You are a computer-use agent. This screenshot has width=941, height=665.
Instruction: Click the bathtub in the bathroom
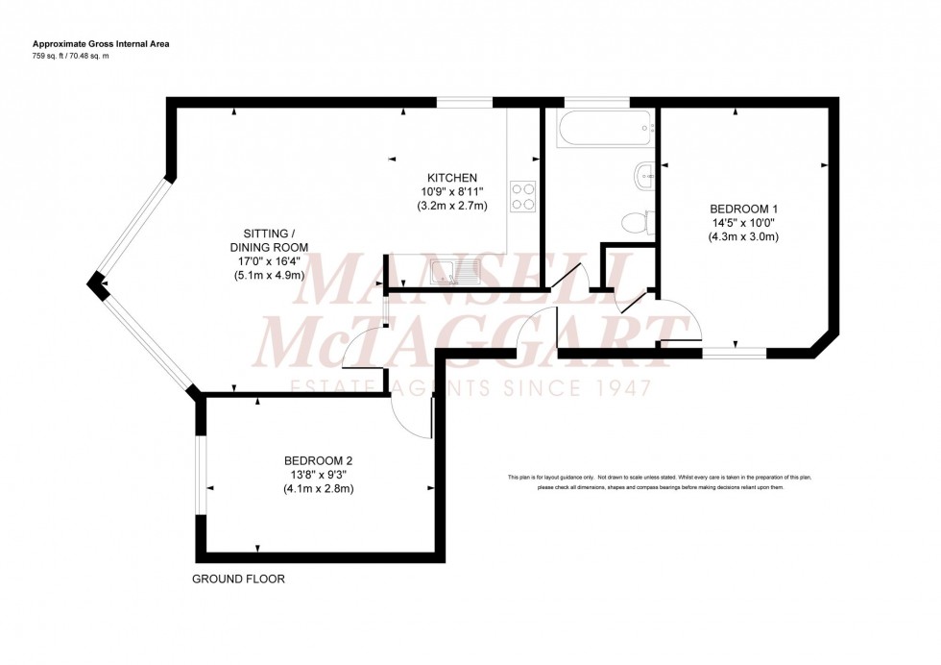[600, 127]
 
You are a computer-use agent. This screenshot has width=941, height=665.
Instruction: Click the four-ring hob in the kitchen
[523, 196]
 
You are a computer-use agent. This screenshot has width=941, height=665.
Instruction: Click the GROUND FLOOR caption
[238, 579]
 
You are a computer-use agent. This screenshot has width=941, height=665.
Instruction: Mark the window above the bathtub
[597, 101]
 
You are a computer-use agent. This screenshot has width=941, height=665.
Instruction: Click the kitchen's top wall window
[465, 101]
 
